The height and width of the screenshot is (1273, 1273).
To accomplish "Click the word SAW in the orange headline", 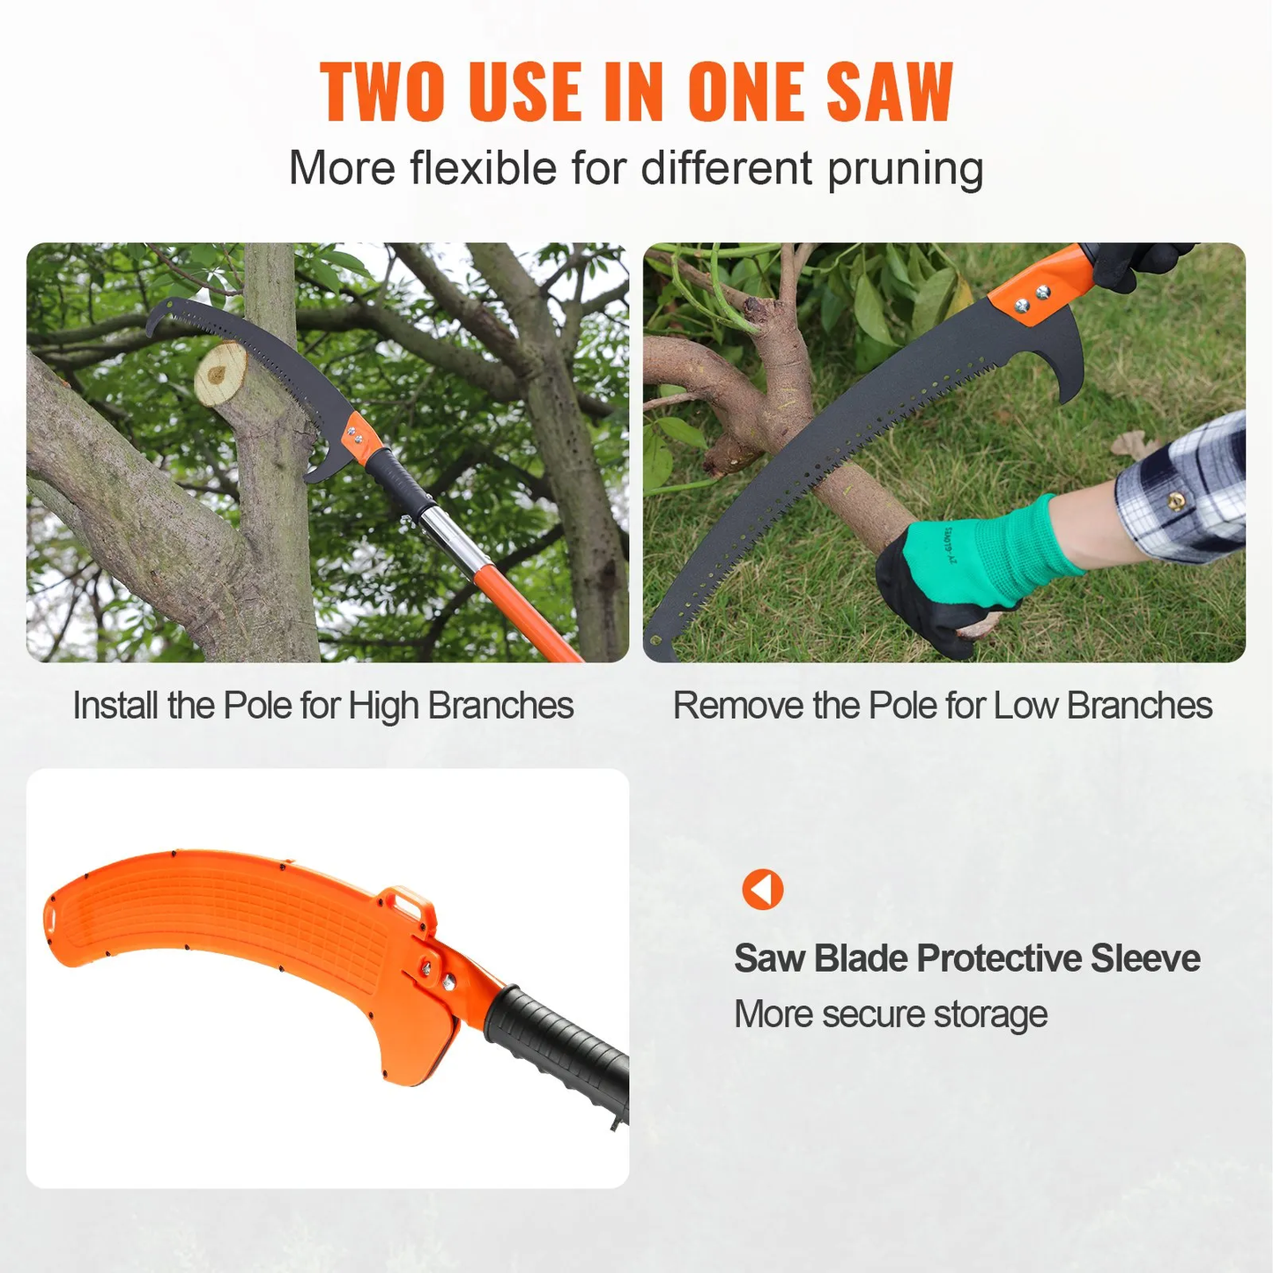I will click(x=890, y=93).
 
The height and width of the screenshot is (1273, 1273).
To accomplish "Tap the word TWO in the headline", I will click(x=383, y=93).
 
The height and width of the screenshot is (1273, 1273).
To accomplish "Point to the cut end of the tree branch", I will click(x=220, y=374).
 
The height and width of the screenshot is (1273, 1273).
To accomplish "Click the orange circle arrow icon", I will click(x=763, y=889).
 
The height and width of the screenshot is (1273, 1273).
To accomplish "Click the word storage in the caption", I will click(x=990, y=1014).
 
